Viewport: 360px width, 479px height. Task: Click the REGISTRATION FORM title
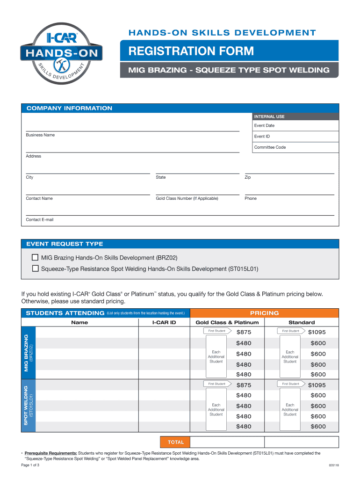(188, 51)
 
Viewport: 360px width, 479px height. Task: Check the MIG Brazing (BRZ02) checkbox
(35, 258)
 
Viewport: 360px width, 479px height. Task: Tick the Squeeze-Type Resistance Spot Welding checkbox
(35, 269)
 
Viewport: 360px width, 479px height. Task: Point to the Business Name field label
(40, 135)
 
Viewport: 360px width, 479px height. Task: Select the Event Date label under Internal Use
(264, 125)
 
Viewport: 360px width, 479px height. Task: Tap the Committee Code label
(270, 147)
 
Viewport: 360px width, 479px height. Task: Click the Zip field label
(248, 178)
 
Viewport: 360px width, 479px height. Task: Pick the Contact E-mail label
(40, 219)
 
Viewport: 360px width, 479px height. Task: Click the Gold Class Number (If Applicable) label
(187, 198)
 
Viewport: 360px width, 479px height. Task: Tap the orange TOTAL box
(173, 442)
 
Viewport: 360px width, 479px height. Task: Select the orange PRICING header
(264, 313)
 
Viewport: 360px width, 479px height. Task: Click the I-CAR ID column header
(164, 322)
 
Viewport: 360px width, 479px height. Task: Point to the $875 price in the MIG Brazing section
(244, 332)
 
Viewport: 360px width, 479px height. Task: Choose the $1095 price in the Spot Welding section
(317, 385)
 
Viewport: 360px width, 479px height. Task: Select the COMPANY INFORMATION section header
(69, 109)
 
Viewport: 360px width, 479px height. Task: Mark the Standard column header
(302, 322)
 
